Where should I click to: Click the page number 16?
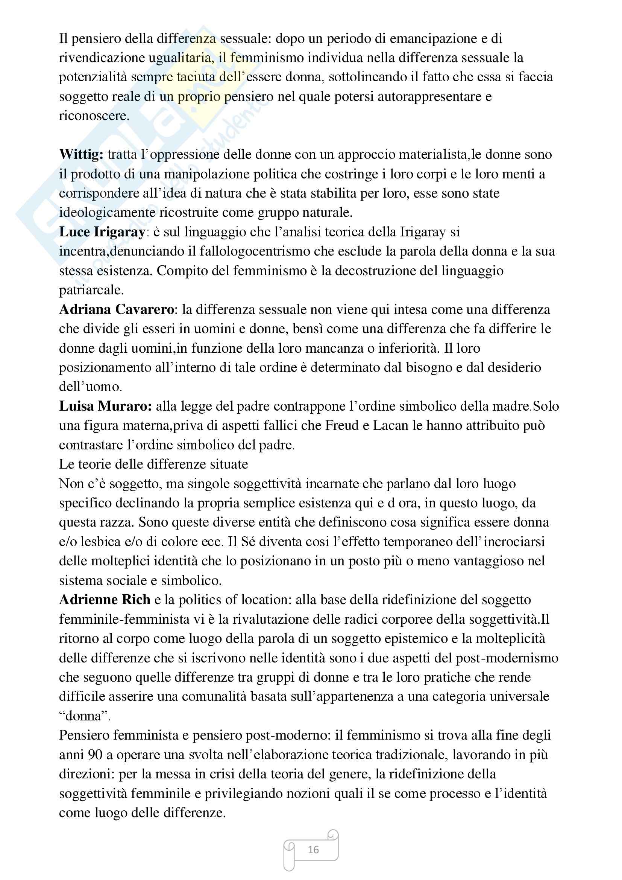[x=313, y=850]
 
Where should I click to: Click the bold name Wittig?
[x=81, y=154]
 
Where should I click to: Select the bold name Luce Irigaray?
[x=102, y=232]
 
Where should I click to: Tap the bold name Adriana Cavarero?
[x=117, y=309]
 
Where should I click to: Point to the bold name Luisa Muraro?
[x=105, y=406]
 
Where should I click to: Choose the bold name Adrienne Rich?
[x=105, y=600]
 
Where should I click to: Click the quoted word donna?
[x=85, y=716]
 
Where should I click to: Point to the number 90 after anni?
[x=96, y=755]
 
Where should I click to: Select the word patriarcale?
[x=91, y=290]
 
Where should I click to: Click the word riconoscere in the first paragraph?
[x=94, y=116]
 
